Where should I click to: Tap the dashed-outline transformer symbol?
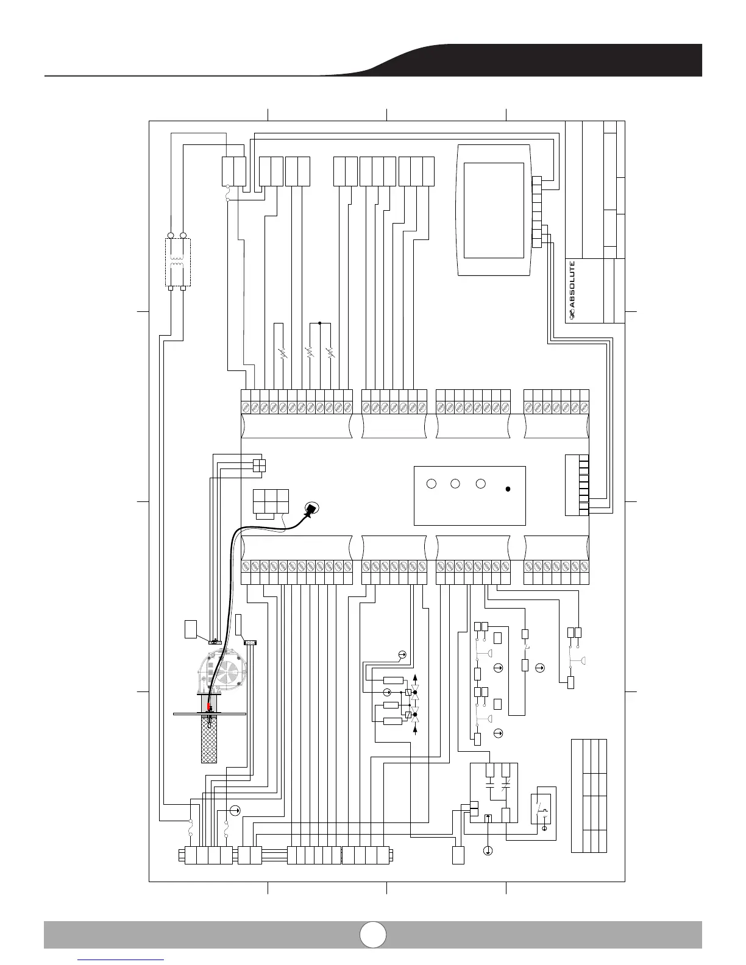click(178, 263)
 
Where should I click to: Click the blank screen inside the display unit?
click(494, 210)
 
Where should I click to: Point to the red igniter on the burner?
click(208, 706)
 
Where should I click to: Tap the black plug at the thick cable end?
click(311, 509)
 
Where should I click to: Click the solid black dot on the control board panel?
click(508, 489)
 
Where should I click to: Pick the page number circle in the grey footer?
click(372, 934)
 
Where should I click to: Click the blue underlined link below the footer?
click(122, 960)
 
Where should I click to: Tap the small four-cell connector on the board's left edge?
click(259, 465)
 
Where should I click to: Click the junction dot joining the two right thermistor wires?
click(319, 323)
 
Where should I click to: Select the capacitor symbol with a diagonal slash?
click(505, 786)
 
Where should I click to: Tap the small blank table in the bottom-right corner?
click(589, 795)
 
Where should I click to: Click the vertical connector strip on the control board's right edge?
click(584, 484)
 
